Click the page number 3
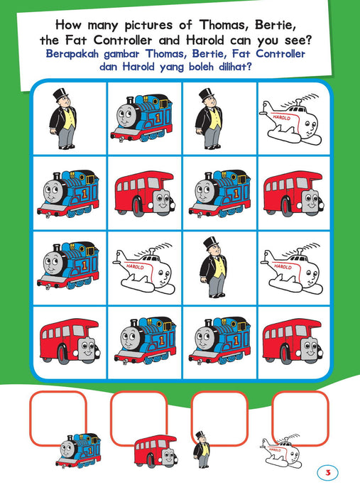pyautogui.click(x=327, y=473)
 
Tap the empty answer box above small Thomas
pyautogui.click(x=58, y=418)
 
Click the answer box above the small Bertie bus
pyautogui.click(x=138, y=418)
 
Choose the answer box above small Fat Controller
pyautogui.click(x=219, y=418)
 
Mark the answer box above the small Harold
pyautogui.click(x=300, y=418)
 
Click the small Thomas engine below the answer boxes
pyautogui.click(x=79, y=451)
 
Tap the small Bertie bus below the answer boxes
pyautogui.click(x=156, y=452)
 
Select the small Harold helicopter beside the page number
pyautogui.click(x=280, y=450)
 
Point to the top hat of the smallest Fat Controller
pyautogui.click(x=200, y=435)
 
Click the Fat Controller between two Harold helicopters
pyautogui.click(x=213, y=267)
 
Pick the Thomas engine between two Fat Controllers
pyautogui.click(x=141, y=118)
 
